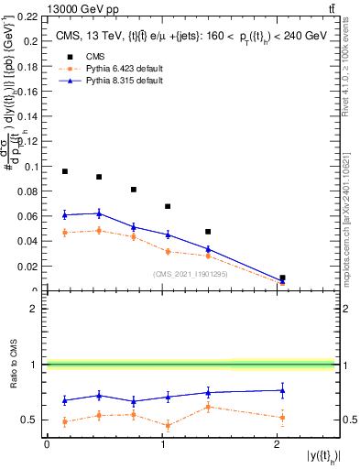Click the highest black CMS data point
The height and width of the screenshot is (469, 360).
[65, 171]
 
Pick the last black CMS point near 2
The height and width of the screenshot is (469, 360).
[282, 278]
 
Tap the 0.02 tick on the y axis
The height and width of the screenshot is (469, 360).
[31, 267]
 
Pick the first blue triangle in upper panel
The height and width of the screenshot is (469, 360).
[65, 214]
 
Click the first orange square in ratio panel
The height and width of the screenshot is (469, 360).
[65, 421]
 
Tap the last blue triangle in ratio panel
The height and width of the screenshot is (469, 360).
[282, 390]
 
